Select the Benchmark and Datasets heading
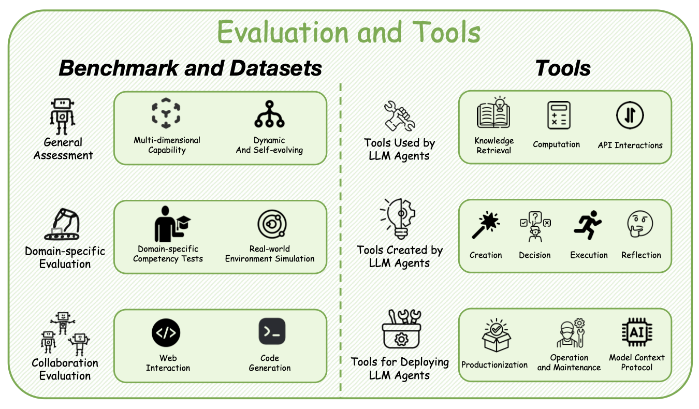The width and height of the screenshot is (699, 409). click(190, 68)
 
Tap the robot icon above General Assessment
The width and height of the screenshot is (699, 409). click(62, 117)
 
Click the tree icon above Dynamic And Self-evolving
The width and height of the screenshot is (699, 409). click(269, 114)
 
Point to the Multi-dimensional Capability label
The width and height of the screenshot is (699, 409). click(167, 145)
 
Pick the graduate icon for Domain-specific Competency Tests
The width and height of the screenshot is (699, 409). click(171, 224)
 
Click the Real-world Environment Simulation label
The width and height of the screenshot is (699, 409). click(270, 254)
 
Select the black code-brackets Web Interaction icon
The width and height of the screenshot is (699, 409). click(166, 333)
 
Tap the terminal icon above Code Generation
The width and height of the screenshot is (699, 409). click(272, 332)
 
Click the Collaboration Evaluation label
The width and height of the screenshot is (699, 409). click(65, 369)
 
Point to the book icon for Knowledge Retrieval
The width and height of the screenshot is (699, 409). click(493, 112)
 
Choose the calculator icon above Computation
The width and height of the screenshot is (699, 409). click(559, 115)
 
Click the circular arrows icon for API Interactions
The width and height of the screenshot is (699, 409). click(630, 115)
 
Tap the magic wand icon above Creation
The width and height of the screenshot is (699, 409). click(485, 226)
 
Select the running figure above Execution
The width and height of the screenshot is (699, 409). click(588, 225)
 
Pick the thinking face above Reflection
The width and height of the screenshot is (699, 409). click(640, 225)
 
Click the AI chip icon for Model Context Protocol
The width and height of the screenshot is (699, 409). click(637, 332)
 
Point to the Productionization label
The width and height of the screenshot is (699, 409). click(494, 364)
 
